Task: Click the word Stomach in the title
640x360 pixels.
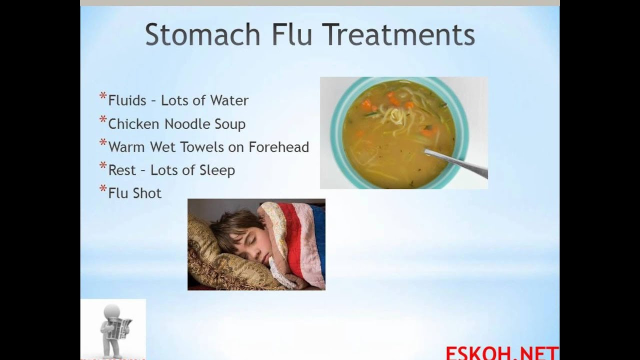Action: [202, 34]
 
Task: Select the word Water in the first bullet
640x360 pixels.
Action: [229, 100]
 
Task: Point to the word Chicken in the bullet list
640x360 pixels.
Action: [133, 124]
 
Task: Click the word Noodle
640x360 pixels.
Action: [187, 124]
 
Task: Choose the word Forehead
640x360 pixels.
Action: [279, 147]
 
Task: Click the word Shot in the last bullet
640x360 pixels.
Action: [147, 193]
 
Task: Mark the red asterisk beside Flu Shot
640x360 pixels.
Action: [103, 188]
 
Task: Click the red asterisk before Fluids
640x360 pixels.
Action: [103, 95]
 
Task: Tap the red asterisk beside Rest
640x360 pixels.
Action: [103, 165]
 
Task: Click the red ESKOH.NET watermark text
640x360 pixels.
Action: [502, 353]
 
